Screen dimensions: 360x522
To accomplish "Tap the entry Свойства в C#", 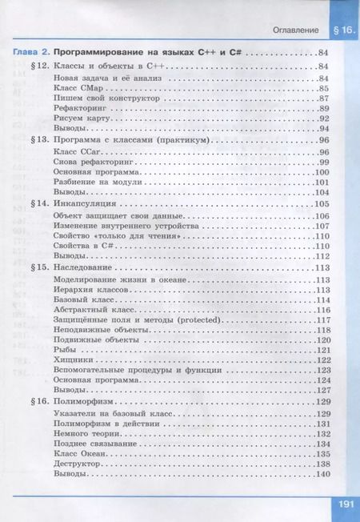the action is pyautogui.click(x=81, y=245).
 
